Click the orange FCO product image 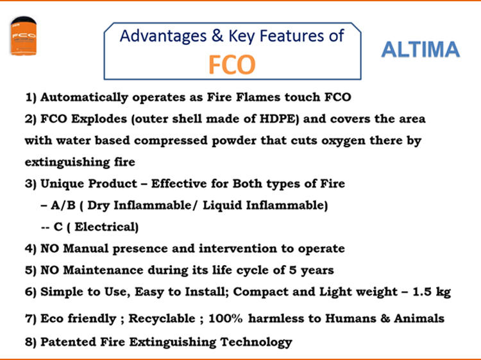click(x=24, y=36)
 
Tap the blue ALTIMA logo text click(x=420, y=49)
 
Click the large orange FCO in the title click(x=232, y=65)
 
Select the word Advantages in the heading click(x=163, y=36)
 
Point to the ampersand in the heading click(x=217, y=35)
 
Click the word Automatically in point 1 click(x=85, y=98)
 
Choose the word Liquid click(x=223, y=205)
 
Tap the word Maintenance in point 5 click(x=103, y=270)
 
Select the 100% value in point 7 click(x=226, y=318)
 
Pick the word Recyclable click(x=162, y=319)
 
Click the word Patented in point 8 click(x=63, y=342)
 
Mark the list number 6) click(x=31, y=292)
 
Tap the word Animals click(x=419, y=318)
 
